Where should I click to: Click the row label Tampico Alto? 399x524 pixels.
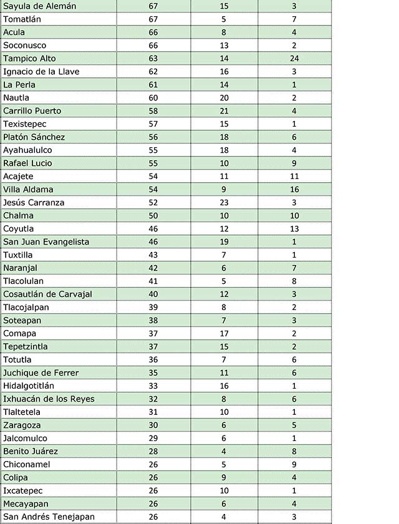click(29, 59)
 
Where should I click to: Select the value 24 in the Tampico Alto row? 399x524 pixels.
click(294, 59)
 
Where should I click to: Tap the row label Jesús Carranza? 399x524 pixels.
click(34, 203)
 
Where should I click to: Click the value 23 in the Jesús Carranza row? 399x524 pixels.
click(224, 203)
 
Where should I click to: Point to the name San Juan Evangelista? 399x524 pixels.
click(46, 242)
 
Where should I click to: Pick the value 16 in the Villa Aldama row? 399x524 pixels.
click(294, 190)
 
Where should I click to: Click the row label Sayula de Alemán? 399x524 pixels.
click(40, 6)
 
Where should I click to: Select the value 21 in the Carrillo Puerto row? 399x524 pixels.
click(224, 111)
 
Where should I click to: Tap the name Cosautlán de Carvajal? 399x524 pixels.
click(47, 294)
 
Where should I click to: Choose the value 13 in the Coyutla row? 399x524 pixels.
click(294, 229)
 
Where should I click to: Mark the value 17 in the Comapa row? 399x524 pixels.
click(224, 334)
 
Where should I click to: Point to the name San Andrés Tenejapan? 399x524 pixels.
click(49, 517)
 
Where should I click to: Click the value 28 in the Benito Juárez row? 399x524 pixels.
click(153, 452)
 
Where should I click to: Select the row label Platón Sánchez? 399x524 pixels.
click(34, 137)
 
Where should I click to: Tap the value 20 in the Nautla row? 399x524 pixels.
click(224, 98)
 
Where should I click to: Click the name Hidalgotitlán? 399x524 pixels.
click(29, 386)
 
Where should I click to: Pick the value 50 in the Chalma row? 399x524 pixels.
click(153, 216)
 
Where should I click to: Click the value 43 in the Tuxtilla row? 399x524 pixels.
click(153, 255)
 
